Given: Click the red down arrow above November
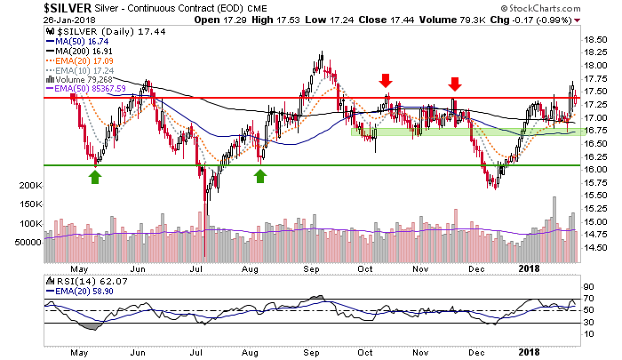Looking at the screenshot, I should [x=455, y=84].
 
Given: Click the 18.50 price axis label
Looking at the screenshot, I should [x=595, y=39].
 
